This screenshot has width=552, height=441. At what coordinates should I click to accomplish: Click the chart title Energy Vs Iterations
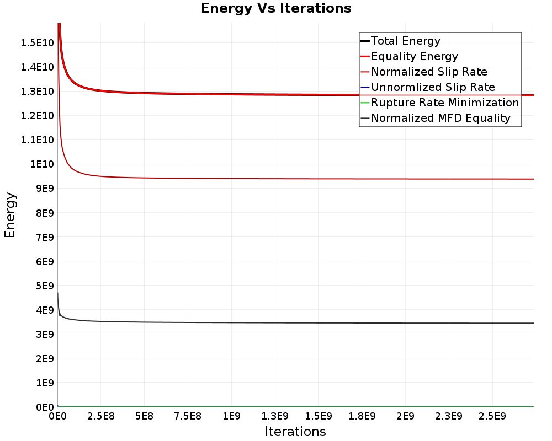[276, 8]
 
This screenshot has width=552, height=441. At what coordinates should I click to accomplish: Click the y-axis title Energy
[10, 214]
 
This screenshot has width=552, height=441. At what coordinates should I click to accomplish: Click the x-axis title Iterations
[295, 431]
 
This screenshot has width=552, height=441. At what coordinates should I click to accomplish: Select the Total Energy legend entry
[405, 41]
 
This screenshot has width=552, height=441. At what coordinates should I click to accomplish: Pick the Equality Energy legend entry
[414, 56]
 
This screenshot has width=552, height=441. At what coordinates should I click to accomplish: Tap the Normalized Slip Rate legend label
[429, 72]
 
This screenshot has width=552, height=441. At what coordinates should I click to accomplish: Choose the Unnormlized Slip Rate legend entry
[433, 87]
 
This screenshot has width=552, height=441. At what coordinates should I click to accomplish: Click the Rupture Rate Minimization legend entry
[445, 103]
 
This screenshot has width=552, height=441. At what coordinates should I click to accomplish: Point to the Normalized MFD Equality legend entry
[440, 118]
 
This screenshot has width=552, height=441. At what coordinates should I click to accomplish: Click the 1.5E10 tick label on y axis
[38, 42]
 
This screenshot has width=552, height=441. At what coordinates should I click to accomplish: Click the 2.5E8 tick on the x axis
[100, 415]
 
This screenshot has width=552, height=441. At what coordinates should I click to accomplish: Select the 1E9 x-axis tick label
[231, 415]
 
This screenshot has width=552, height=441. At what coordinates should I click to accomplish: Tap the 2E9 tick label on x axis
[405, 415]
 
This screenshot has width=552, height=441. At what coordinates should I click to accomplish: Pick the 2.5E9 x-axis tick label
[492, 415]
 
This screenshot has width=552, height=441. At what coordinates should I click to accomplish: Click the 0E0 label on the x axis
[58, 415]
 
